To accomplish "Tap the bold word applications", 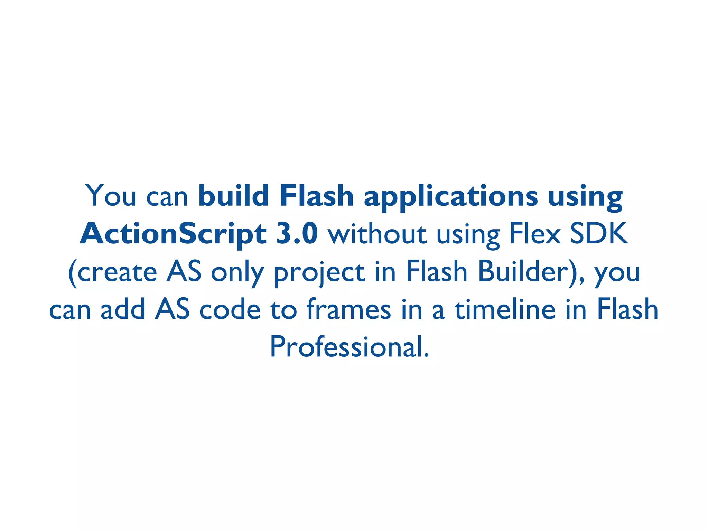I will tap(451, 196).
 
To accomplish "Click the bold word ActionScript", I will tap(173, 234).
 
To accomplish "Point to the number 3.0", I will tap(297, 234).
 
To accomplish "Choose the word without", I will tap(377, 234).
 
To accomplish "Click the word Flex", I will tap(534, 234).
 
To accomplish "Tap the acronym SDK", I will tap(599, 234).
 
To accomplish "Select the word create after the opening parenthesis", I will tap(117, 272).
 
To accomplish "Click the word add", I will tap(123, 309).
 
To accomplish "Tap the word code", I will tap(230, 309).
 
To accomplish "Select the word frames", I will tap(348, 309).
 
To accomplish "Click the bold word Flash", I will tap(316, 196).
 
